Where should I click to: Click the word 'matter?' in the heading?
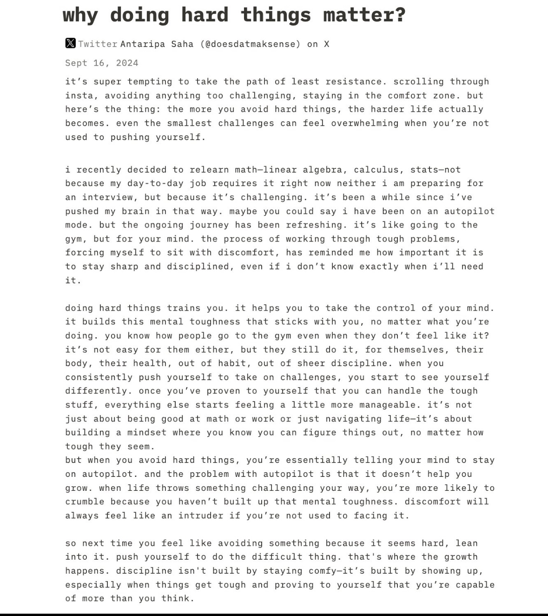(364, 15)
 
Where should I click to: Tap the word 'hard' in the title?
(205, 15)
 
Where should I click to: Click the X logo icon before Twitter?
(70, 43)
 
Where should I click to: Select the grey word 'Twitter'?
(98, 44)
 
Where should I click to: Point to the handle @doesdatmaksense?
(251, 44)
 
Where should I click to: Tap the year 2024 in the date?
(127, 63)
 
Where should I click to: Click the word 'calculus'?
(376, 169)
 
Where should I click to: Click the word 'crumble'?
(85, 502)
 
